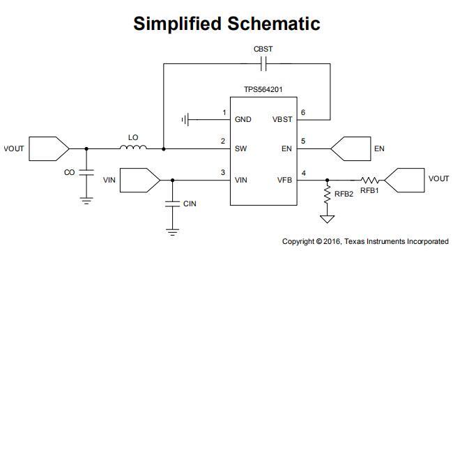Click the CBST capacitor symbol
[x=263, y=64]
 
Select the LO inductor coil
[x=133, y=147]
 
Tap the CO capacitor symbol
[x=86, y=172]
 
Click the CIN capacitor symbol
[x=172, y=204]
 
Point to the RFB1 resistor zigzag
[x=369, y=180]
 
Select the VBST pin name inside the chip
[x=282, y=120]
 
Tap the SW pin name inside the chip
[x=240, y=149]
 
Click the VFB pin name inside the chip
[x=284, y=181]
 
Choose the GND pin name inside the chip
[x=243, y=120]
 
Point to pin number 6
[x=302, y=112]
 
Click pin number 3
[x=223, y=172]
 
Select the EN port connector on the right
[x=350, y=148]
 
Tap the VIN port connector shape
[x=140, y=180]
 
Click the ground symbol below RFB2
[x=326, y=219]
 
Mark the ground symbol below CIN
[x=172, y=231]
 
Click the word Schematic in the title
[x=274, y=24]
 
